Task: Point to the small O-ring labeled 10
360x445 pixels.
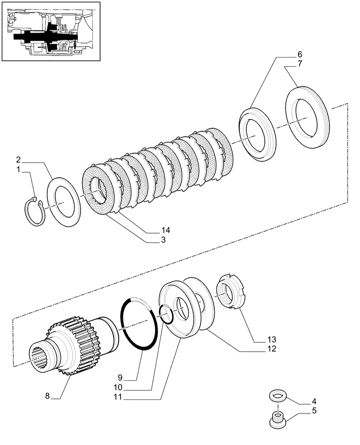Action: [x=166, y=315]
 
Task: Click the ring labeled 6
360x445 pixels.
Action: [x=258, y=134]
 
